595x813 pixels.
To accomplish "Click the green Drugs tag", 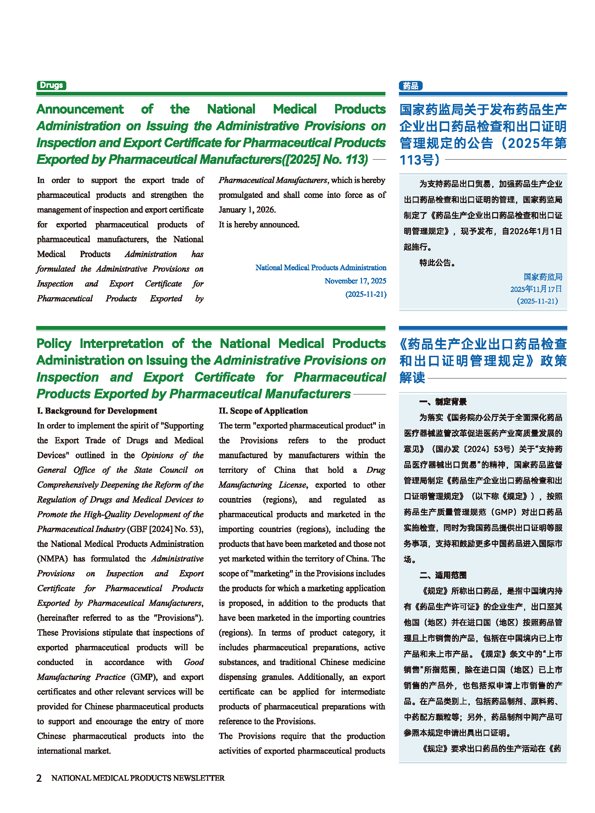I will (51, 85).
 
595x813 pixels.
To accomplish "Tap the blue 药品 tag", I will (410, 86).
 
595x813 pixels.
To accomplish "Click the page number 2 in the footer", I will (39, 778).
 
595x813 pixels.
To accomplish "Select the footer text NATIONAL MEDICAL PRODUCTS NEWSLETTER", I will (138, 778).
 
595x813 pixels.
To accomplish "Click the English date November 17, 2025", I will (355, 281).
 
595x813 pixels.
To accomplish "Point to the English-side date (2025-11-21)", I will (366, 294).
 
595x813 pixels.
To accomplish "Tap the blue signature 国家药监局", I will (543, 277).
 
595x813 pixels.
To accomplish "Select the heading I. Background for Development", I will (97, 411).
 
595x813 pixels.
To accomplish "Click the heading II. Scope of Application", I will (263, 411).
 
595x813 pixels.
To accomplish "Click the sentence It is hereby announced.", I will (259, 225).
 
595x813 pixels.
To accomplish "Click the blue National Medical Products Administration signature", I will (321, 268).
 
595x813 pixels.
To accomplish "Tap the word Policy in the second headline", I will (54, 344).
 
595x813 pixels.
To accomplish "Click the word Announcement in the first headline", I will (80, 109).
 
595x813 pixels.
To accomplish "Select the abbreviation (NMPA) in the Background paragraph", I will (52, 559).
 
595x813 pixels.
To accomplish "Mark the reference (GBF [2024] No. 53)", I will (165, 529).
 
